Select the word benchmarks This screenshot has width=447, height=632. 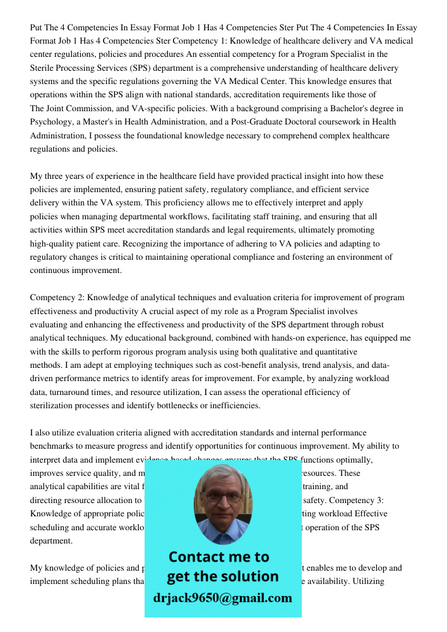[54, 446]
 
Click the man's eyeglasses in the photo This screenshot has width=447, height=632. [223, 497]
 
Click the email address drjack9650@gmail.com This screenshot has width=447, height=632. [223, 598]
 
